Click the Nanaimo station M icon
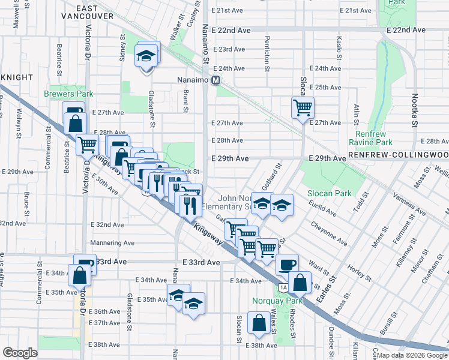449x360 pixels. (215, 80)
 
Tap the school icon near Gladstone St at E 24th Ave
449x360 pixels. (147, 56)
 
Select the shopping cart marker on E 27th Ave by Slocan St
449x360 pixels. (303, 109)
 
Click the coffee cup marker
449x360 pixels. (286, 264)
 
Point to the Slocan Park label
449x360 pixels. (328, 193)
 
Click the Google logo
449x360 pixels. (20, 352)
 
